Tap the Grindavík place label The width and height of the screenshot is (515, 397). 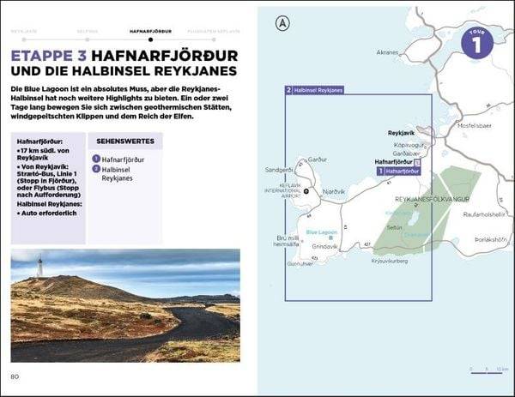click(x=325, y=245)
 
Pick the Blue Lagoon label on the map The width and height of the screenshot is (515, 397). click(x=322, y=232)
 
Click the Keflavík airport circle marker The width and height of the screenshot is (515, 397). click(x=306, y=191)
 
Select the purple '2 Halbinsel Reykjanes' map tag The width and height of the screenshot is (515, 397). click(x=314, y=89)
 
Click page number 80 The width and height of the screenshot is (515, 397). click(x=15, y=376)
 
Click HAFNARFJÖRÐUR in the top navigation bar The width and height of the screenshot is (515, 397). click(x=150, y=28)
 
